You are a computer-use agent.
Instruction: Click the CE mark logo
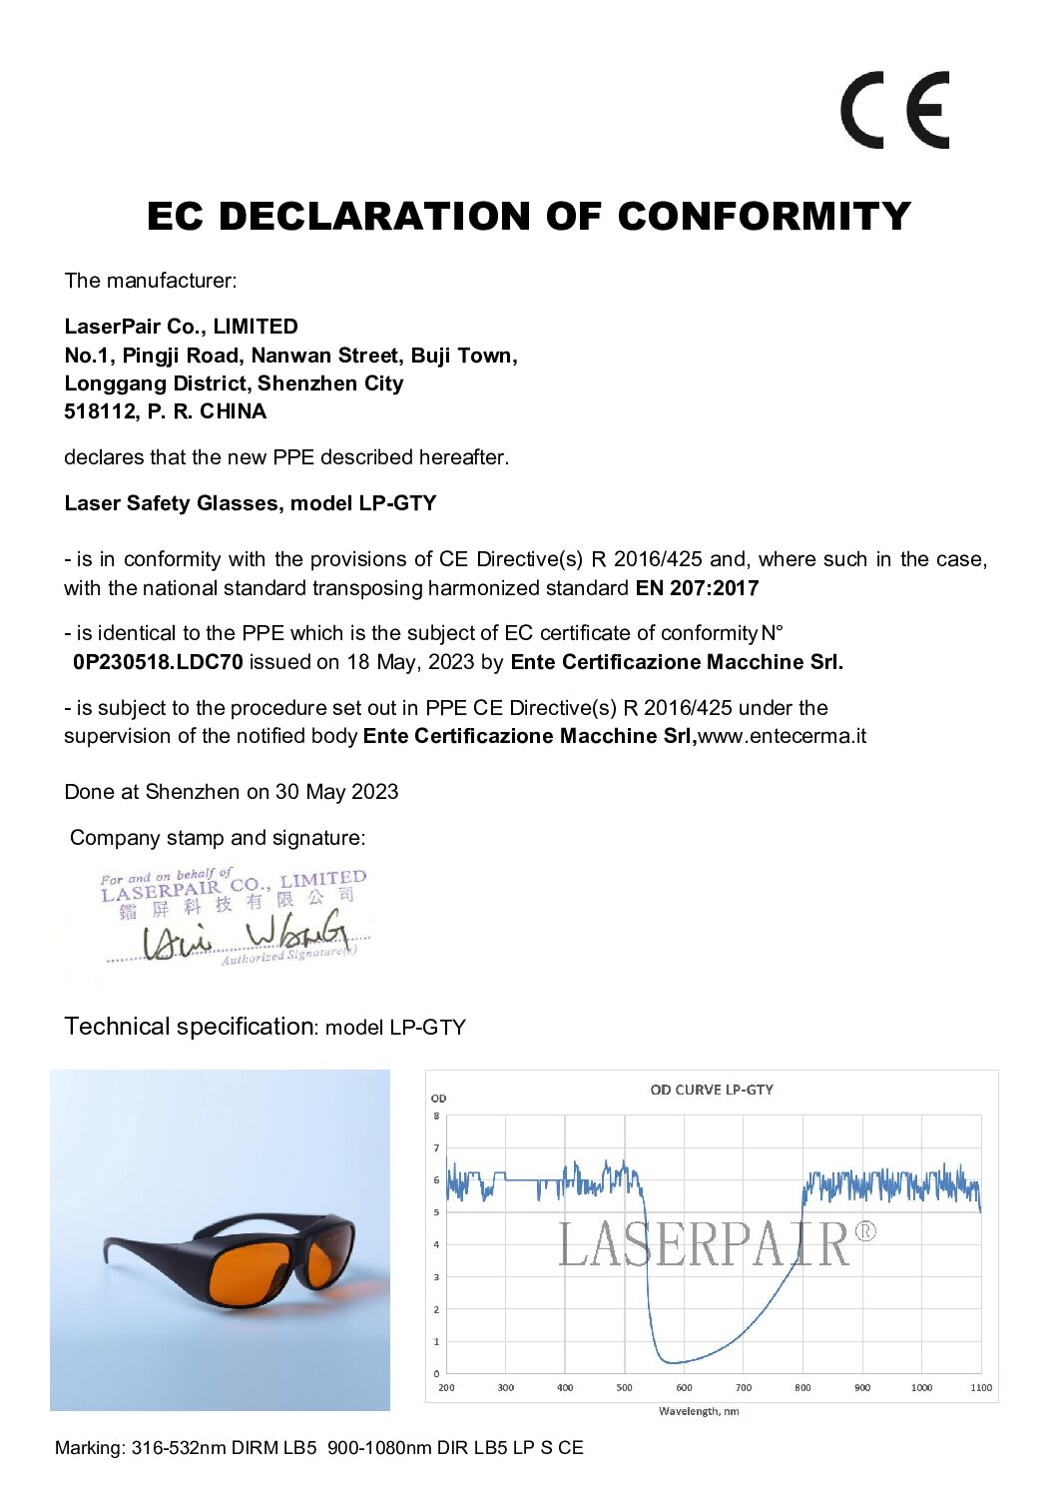893,110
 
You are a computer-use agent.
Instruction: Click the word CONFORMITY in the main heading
764,216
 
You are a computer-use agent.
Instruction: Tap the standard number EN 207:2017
697,588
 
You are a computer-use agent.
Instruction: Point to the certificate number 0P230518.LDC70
158,662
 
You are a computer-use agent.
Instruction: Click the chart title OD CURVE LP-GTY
712,1090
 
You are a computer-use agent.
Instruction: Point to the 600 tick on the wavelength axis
684,1387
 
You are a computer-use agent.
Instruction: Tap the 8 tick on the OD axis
436,1116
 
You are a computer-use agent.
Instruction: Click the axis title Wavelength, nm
699,1411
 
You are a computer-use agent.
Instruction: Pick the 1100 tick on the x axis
980,1387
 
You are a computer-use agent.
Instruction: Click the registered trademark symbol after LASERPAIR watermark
865,1231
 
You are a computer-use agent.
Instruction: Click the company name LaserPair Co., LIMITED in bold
181,327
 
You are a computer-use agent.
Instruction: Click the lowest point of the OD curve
675,1362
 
